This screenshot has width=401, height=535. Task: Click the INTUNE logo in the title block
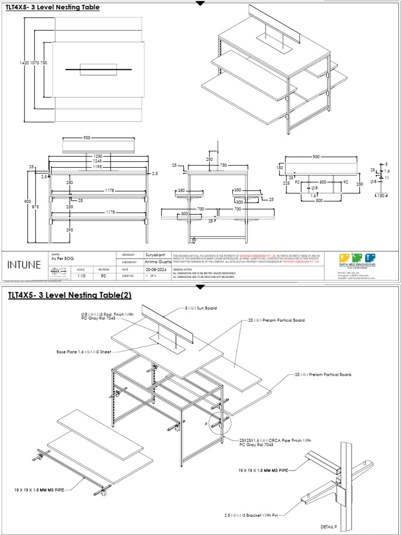(24, 264)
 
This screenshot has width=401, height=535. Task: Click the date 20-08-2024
(156, 269)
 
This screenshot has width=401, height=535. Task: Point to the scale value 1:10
(81, 275)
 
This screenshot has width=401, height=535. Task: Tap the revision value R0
(103, 275)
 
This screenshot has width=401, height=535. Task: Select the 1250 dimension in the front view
(98, 156)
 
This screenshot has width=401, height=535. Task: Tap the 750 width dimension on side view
(223, 165)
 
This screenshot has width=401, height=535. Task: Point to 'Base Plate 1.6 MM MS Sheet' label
(84, 352)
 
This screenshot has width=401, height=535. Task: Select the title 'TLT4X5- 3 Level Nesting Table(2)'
(70, 296)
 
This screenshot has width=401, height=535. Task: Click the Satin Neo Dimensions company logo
(358, 260)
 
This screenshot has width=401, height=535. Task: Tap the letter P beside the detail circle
(207, 424)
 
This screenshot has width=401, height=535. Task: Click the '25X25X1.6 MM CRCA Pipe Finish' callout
(275, 443)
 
